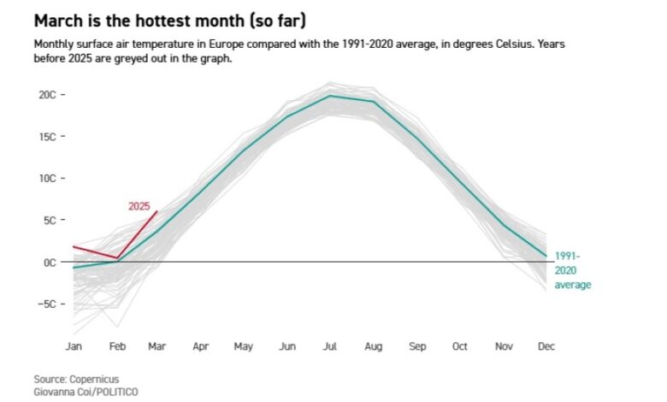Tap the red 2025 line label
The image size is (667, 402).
139,206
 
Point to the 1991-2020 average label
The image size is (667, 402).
572,269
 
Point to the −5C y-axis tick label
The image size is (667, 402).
45,304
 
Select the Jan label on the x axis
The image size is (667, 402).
74,346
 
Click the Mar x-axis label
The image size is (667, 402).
157,346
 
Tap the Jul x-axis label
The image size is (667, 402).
329,346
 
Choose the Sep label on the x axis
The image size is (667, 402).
417,346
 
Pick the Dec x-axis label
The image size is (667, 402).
546,346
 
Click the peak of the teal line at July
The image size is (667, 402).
330,95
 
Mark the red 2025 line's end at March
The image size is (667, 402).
157,211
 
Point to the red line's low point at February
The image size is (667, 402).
117,257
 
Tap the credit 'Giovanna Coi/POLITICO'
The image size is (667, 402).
86,391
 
